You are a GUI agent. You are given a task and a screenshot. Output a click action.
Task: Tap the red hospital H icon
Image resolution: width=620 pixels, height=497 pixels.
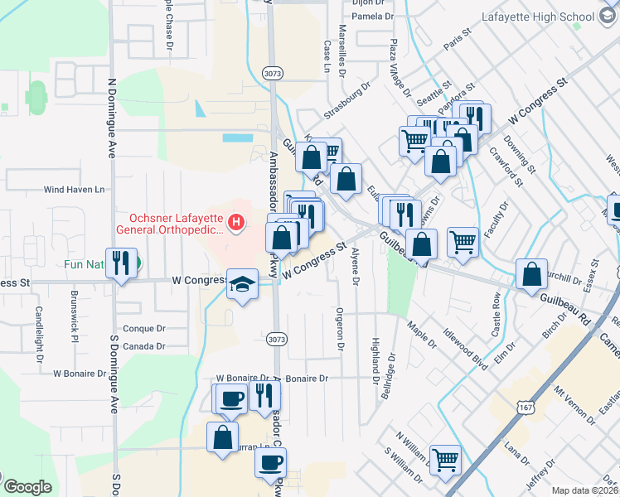(x=236, y=222)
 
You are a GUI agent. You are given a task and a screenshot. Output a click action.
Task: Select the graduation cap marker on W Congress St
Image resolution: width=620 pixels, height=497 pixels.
(x=242, y=286)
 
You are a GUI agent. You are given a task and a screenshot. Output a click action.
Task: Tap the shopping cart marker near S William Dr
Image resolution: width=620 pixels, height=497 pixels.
(x=446, y=460)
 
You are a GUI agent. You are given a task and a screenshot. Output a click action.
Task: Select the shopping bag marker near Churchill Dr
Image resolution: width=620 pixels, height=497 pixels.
(x=531, y=274)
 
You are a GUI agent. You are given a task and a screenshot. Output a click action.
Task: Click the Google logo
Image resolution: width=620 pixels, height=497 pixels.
(x=27, y=487)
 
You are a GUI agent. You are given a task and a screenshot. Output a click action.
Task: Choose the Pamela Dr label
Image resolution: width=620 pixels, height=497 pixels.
(x=371, y=16)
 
